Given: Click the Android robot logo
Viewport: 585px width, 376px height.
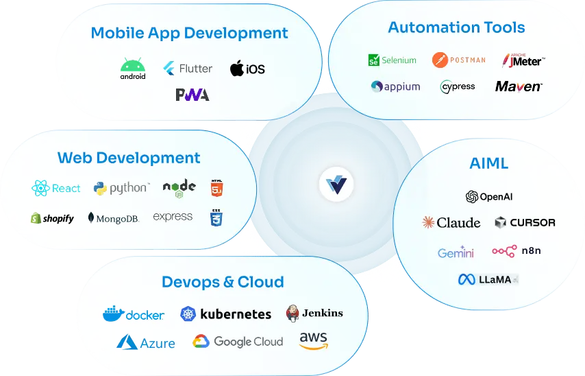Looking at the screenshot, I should pos(133,69).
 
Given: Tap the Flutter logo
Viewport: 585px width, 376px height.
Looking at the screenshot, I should pos(188,69).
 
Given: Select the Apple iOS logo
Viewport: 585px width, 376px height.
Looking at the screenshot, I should pos(247,69).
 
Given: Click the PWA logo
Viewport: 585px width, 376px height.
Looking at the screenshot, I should pos(192,95).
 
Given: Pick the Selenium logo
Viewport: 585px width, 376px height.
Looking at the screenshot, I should pos(392,60).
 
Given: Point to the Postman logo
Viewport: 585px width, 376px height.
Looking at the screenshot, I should pos(459,60).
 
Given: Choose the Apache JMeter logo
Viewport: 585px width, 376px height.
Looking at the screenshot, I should pos(523,60).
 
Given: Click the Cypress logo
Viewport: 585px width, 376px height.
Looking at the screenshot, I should pos(457,87).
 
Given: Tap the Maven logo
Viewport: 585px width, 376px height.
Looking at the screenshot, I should pos(519,86).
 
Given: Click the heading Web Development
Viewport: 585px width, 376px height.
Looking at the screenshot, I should pos(129,158).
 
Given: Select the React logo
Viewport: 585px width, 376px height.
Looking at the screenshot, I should pos(56,188).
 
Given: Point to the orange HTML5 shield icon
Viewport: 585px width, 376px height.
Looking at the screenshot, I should pos(216,187).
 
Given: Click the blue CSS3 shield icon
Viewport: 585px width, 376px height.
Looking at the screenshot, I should pos(216,218).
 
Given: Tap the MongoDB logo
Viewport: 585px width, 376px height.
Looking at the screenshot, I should pos(114,218).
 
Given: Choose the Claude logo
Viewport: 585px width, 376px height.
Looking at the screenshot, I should pos(451,222).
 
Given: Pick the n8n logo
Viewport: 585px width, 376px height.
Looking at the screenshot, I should pos(516,251).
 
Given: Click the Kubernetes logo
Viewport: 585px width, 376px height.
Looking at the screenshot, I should pos(226,314).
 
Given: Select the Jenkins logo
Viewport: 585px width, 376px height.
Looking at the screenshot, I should pos(314,313).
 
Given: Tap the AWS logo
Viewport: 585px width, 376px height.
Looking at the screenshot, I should pos(313,340).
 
